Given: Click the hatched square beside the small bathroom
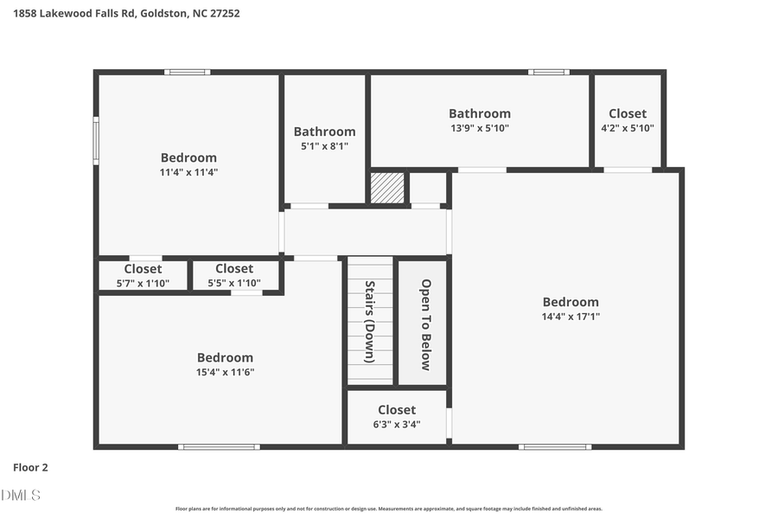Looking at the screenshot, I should (387, 188).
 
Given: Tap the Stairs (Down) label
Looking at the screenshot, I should (369, 321).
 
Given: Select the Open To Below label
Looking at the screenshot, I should (425, 324).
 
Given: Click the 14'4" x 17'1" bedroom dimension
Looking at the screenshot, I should (570, 317).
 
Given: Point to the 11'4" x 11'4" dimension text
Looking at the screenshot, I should (188, 172).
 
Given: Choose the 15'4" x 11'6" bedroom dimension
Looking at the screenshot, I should (225, 372).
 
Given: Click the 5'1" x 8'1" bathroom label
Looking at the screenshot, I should (324, 146).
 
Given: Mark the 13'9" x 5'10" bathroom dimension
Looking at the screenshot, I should (480, 128).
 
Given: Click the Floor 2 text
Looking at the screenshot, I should (30, 467).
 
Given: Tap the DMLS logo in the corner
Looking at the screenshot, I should (21, 495).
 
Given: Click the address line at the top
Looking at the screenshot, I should (127, 14).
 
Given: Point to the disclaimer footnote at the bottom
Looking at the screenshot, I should (389, 509).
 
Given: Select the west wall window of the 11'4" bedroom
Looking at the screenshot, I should (96, 140).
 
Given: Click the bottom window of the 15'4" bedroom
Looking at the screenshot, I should (219, 446).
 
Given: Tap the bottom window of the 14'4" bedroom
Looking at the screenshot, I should (555, 446).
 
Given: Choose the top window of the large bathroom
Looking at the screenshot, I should (549, 72).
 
